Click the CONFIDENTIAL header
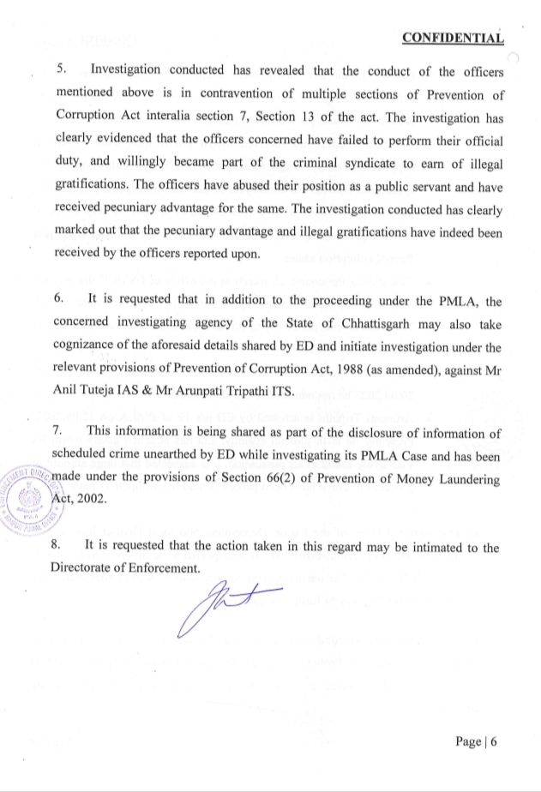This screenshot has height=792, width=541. [x=453, y=38]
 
